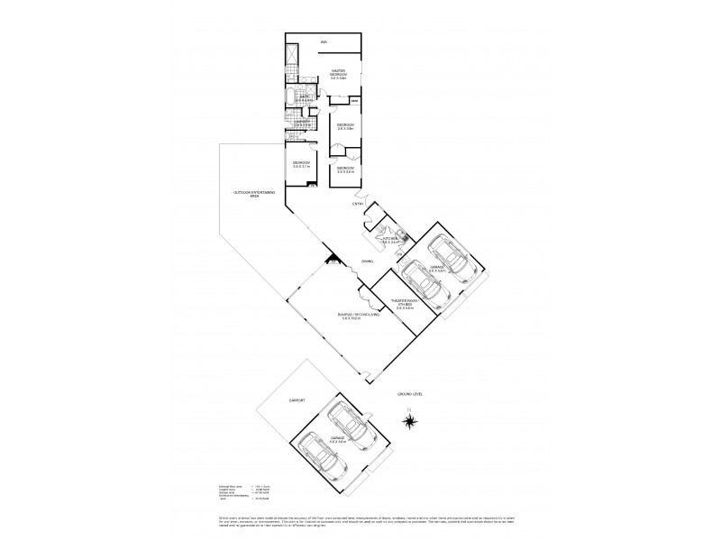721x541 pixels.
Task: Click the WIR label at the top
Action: (324, 41)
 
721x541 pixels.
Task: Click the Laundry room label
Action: (301, 124)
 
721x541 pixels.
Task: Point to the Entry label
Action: (358, 205)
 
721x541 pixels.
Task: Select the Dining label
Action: (367, 261)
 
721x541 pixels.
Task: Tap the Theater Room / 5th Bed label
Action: (401, 304)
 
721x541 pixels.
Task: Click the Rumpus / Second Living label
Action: (344, 317)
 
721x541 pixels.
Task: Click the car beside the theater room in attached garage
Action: (424, 287)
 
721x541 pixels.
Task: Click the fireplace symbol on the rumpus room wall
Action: (334, 265)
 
